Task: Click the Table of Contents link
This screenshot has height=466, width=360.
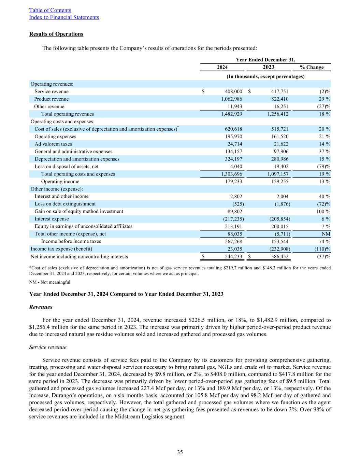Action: click(x=50, y=10)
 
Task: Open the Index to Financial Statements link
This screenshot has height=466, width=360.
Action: click(x=64, y=17)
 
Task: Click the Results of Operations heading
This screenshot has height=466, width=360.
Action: click(x=56, y=34)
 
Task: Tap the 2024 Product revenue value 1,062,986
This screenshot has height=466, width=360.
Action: click(x=232, y=99)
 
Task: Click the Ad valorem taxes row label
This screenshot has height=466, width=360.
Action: click(x=53, y=144)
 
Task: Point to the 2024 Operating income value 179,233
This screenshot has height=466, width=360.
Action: click(x=232, y=182)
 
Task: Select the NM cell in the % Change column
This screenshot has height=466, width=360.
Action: click(x=327, y=234)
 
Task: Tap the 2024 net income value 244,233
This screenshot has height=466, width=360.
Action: click(x=232, y=257)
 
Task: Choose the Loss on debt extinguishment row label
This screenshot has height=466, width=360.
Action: click(x=65, y=204)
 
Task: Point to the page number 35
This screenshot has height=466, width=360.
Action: click(x=180, y=453)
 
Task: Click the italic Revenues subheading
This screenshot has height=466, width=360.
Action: click(x=41, y=307)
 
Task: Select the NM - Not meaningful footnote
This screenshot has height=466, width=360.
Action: click(x=50, y=282)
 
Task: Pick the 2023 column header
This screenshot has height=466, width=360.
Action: click(x=269, y=67)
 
